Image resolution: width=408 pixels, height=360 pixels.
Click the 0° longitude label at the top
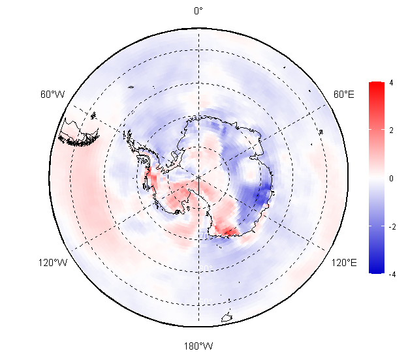click(x=198, y=11)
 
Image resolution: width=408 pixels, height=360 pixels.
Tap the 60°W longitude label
click(x=52, y=94)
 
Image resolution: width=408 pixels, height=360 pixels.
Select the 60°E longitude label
click(x=344, y=94)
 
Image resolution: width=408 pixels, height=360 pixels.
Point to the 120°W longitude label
click(x=53, y=263)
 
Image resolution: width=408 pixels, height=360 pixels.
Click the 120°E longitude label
click(x=344, y=263)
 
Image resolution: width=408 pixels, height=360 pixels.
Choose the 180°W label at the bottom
click(x=198, y=346)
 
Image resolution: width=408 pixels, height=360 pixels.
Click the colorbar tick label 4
click(x=391, y=83)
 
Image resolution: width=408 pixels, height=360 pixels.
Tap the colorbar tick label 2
click(x=391, y=130)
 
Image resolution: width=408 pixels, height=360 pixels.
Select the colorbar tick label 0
click(x=391, y=178)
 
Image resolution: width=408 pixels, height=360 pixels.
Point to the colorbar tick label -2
click(x=392, y=227)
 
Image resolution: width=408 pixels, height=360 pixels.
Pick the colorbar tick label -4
click(x=392, y=274)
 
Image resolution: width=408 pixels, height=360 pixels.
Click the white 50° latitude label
click(x=206, y=301)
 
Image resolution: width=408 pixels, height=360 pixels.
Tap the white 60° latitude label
click(x=206, y=268)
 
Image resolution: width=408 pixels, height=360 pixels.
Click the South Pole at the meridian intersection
click(x=199, y=177)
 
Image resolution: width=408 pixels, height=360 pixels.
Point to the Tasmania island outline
click(x=227, y=318)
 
